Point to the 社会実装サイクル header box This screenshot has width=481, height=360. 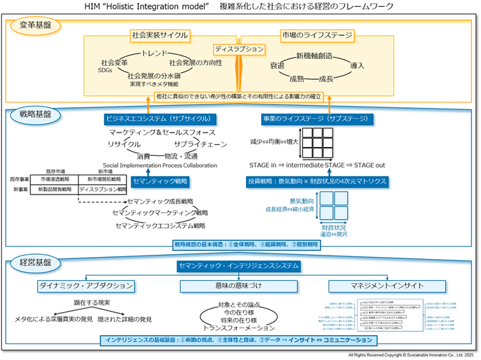point(159,34)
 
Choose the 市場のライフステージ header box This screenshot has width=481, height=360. point(317,34)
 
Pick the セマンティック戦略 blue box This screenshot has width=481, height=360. point(159,181)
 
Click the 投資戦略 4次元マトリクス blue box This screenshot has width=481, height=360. point(317,181)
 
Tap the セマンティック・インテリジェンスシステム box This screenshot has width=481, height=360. point(238,265)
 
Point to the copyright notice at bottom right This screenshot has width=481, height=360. point(412,356)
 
